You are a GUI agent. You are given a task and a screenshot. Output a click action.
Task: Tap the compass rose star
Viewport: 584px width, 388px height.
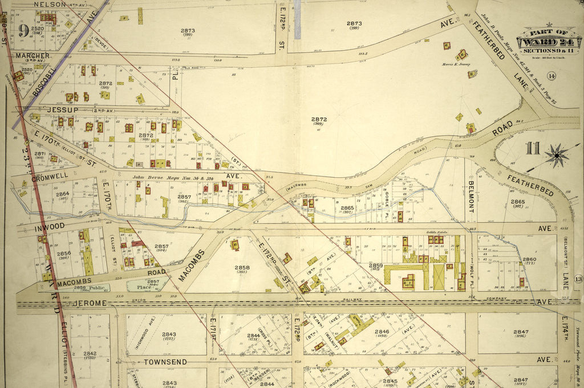[x=556, y=155]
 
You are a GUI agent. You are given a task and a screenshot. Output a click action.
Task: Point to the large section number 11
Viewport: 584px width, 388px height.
[x=533, y=149]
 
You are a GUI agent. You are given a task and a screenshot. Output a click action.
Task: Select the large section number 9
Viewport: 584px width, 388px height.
[x=23, y=30]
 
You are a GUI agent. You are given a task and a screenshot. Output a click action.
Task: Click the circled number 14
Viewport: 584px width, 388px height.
[x=551, y=76]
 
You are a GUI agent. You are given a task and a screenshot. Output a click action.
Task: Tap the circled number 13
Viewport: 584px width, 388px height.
[x=578, y=279]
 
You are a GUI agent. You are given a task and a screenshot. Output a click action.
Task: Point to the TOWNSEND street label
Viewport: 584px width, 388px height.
[x=165, y=362]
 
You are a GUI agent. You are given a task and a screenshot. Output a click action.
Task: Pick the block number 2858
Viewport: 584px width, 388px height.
[x=242, y=267]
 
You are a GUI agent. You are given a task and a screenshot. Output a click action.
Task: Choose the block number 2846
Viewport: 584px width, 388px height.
[x=382, y=331]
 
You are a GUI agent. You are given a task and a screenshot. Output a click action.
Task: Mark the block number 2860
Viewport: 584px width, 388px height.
[x=529, y=259]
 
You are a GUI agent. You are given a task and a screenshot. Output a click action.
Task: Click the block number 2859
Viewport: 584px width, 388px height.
[x=375, y=266]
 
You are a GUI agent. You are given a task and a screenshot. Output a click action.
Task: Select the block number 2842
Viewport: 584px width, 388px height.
[x=90, y=353]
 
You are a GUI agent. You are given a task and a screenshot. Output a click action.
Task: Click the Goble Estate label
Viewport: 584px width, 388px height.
[x=436, y=232]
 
